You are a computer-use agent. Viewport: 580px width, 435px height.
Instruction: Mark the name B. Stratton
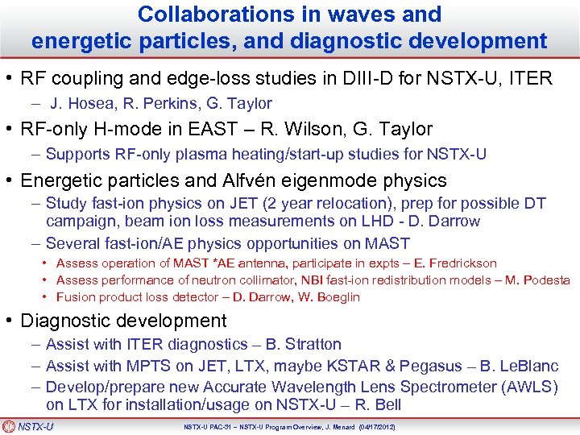(303, 345)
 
